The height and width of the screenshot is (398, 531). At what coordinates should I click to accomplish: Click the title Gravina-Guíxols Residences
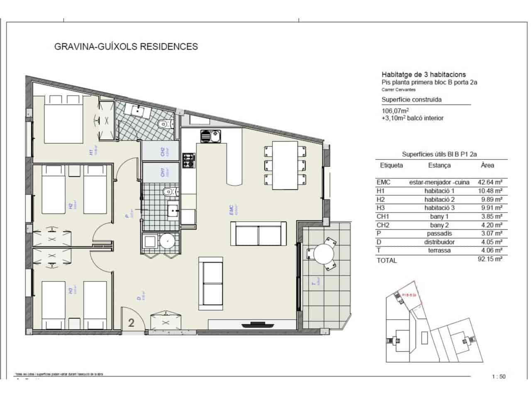pyautogui.click(x=126, y=46)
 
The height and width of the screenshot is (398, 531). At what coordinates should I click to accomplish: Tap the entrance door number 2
pyautogui.click(x=131, y=323)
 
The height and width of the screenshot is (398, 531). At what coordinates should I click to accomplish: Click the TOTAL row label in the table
pyautogui.click(x=386, y=260)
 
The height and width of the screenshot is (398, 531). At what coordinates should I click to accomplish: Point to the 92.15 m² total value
pyautogui.click(x=490, y=259)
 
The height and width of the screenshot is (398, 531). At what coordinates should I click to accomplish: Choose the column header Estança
pyautogui.click(x=439, y=165)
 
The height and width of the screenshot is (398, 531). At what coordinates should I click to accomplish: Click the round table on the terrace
pyautogui.click(x=324, y=252)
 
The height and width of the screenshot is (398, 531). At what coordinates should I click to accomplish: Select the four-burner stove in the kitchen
pyautogui.click(x=189, y=160)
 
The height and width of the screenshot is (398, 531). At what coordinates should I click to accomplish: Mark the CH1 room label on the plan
pyautogui.click(x=163, y=172)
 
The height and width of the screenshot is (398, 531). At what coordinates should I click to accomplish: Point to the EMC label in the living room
pyautogui.click(x=231, y=210)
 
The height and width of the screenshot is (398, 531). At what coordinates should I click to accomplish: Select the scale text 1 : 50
pyautogui.click(x=498, y=377)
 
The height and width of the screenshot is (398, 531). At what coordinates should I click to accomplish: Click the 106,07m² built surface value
pyautogui.click(x=395, y=111)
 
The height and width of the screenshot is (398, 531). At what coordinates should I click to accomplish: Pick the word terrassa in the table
pyautogui.click(x=439, y=250)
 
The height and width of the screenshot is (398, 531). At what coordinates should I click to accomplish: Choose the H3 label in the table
pyautogui.click(x=381, y=208)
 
